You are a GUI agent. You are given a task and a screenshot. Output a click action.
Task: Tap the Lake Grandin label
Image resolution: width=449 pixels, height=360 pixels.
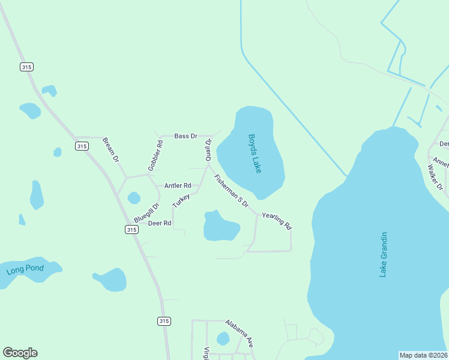tap(384, 254)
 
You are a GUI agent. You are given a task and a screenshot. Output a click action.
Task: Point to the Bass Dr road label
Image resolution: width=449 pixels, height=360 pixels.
tap(186, 136)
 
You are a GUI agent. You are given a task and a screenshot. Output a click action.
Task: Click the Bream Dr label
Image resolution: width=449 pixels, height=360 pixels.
tap(111, 150)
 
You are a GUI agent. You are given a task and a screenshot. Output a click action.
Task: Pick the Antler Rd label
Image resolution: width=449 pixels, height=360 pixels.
tap(178, 186)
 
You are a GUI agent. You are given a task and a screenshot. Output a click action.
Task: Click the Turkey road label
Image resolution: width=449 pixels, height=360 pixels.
tap(181, 201)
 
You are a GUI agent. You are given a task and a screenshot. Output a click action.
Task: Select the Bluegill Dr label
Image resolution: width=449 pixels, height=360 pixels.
tap(147, 214)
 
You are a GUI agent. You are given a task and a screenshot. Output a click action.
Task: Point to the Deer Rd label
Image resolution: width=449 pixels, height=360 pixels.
tap(160, 223)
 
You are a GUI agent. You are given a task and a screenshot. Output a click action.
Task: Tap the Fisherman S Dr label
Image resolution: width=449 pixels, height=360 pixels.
tap(231, 191)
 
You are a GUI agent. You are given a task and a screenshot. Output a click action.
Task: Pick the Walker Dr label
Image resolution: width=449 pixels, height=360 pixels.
tap(435, 178)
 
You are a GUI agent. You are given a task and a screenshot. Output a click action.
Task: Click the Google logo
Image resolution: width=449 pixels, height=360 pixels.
tap(20, 353)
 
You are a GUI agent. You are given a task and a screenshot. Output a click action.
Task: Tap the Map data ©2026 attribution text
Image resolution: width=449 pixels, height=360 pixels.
tap(424, 355)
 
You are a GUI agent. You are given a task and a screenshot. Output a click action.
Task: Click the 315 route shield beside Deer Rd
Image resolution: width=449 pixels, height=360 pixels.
tap(132, 229)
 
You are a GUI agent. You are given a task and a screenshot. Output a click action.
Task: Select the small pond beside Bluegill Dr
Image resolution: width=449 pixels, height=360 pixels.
tap(134, 197)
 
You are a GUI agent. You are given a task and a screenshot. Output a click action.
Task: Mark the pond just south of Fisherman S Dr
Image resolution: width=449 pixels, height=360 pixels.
tap(220, 226)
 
